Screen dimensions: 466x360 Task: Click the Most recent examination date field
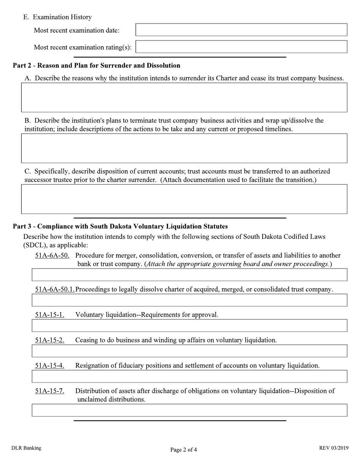tap(241, 30)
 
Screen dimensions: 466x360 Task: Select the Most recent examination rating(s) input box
tap(241, 47)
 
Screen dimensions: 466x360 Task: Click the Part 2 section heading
tap(97, 66)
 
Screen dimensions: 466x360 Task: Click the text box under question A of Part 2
tap(184, 97)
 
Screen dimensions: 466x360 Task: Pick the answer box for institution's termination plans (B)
tap(184, 148)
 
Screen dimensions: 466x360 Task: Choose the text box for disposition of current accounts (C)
tap(184, 199)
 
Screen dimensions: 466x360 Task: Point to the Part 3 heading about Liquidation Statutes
tap(120, 227)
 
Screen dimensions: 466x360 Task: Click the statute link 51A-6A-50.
tap(52, 255)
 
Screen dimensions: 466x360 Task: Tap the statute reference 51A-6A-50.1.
tap(55, 289)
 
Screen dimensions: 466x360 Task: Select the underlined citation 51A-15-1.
tap(50, 315)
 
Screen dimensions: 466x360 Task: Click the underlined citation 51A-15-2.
tap(50, 340)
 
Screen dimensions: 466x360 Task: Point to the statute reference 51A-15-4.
tap(50, 366)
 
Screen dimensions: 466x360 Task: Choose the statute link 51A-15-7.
tap(50, 391)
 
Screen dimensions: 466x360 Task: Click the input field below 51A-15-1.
tap(189, 325)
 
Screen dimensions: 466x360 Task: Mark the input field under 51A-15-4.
tap(189, 376)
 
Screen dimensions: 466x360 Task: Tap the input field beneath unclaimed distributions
tap(189, 410)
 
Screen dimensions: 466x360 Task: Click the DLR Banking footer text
tap(26, 448)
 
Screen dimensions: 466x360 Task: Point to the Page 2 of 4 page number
tap(183, 450)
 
